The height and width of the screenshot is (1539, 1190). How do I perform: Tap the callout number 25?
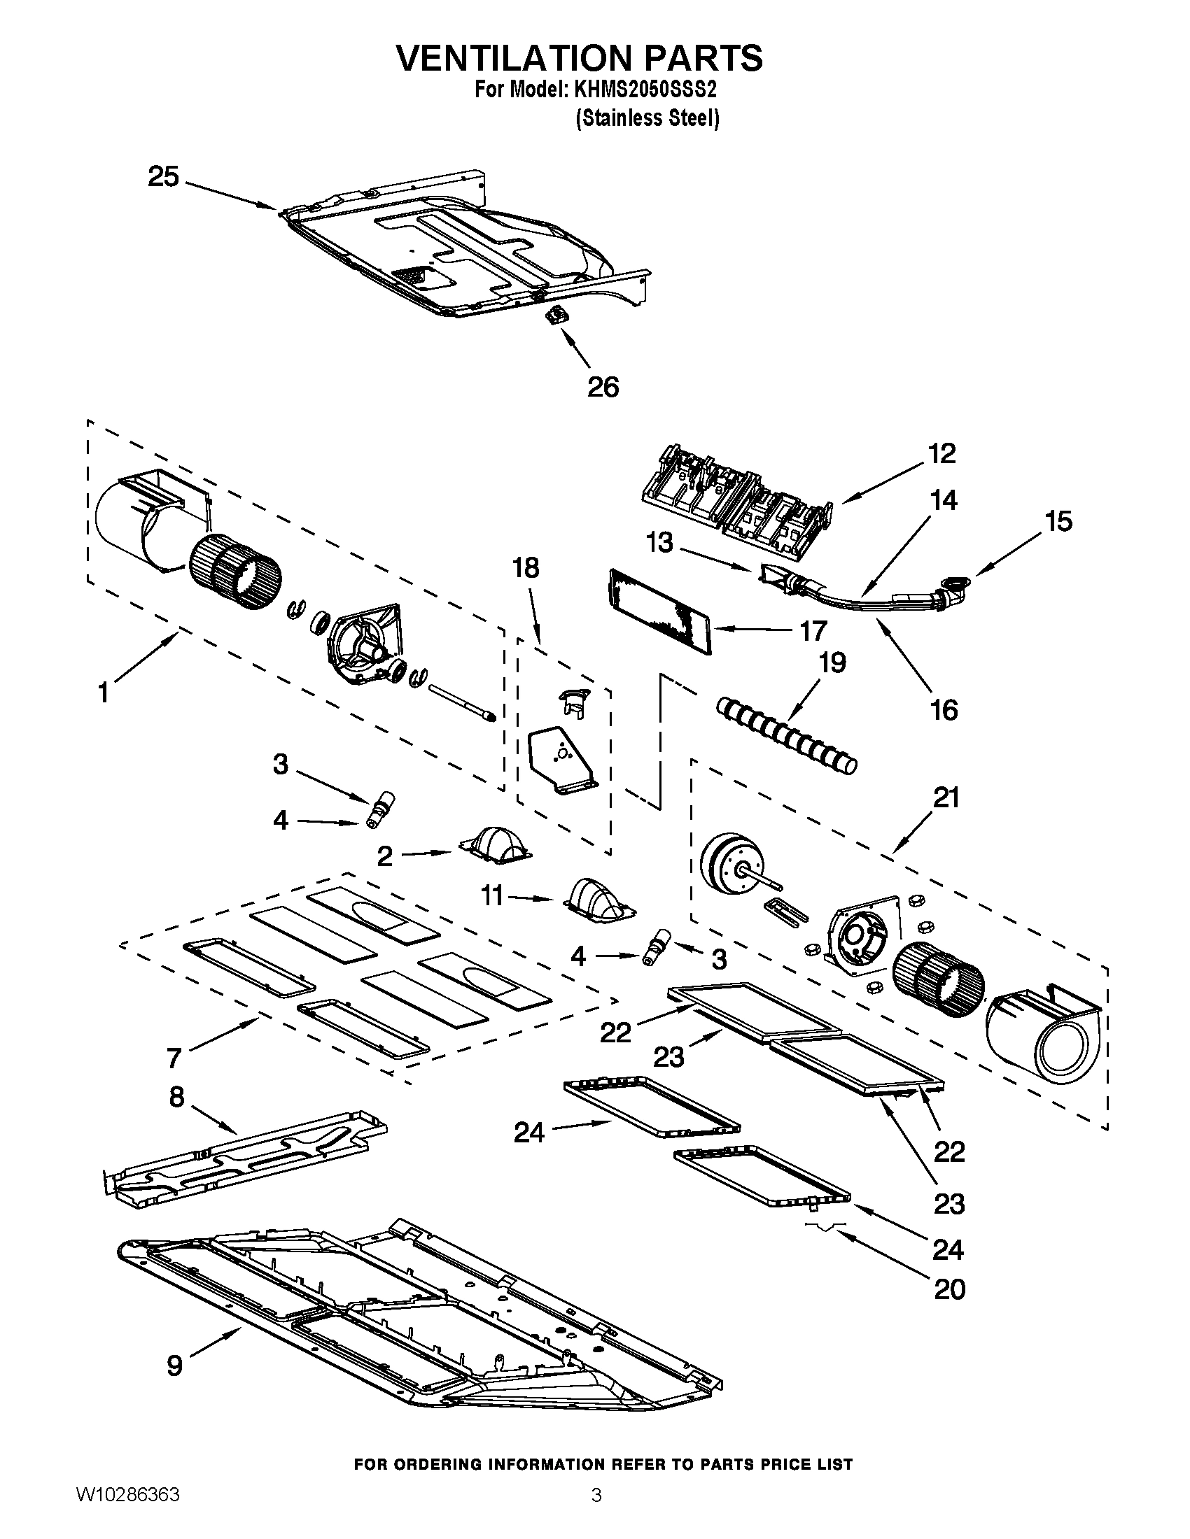click(x=163, y=176)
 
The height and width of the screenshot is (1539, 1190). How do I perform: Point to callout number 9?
click(x=175, y=1365)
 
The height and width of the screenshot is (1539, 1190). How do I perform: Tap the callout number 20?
click(x=949, y=1289)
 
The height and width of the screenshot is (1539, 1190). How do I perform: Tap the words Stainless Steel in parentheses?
click(x=647, y=118)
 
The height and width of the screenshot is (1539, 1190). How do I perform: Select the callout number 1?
click(x=104, y=693)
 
